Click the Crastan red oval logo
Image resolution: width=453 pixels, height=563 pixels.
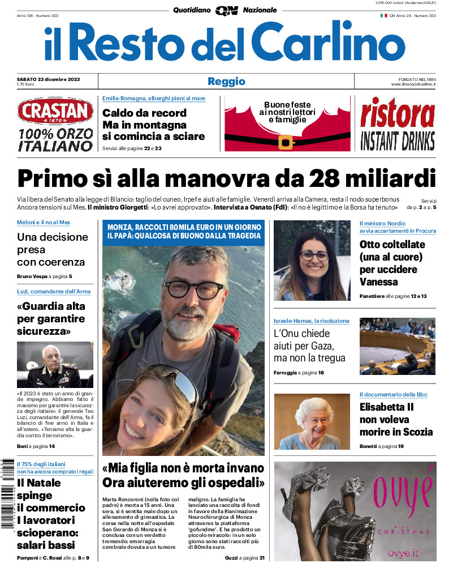(55, 111)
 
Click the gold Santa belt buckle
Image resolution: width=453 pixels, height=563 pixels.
(286, 141)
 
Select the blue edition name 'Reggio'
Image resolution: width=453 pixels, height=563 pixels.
(226, 81)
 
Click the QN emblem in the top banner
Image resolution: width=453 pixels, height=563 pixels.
(226, 10)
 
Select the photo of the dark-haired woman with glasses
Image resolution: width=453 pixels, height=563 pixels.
(312, 261)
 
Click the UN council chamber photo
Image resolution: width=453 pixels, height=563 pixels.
(397, 346)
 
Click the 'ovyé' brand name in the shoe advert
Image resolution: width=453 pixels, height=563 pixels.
(402, 487)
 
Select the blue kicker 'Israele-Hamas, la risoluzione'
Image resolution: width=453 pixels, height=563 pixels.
(311, 321)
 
